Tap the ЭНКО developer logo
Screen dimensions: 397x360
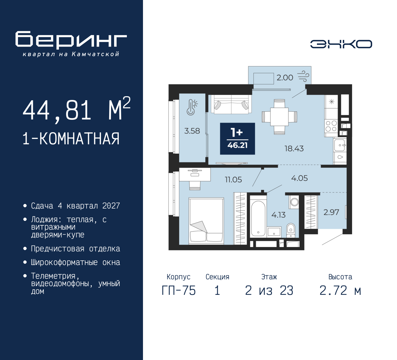[x=341, y=44]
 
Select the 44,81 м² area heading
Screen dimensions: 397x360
[x=77, y=110]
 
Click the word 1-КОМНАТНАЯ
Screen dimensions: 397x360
[x=71, y=139]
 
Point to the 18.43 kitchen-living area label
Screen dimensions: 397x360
[x=294, y=149]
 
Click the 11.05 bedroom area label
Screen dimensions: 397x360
[x=233, y=180]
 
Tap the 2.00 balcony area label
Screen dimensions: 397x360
[x=285, y=78]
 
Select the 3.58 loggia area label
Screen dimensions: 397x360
[x=192, y=131]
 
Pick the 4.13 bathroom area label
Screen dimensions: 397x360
[x=279, y=215]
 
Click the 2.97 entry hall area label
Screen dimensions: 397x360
[x=331, y=212]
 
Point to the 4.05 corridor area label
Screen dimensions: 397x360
[x=299, y=178]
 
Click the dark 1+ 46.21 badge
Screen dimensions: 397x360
[x=238, y=139]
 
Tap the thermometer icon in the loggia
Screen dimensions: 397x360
[x=192, y=107]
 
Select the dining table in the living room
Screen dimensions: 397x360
[x=279, y=117]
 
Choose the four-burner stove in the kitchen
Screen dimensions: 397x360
[x=331, y=126]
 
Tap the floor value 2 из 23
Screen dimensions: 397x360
[x=269, y=291]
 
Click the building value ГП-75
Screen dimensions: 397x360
[x=179, y=291]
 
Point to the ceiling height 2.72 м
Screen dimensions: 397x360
[x=340, y=291]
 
